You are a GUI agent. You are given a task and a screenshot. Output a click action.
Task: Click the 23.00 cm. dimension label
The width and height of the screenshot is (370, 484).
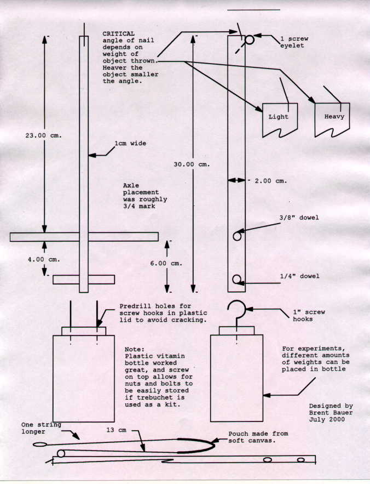click(43, 135)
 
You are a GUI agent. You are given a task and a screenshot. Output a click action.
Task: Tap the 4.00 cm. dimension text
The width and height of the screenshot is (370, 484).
click(44, 260)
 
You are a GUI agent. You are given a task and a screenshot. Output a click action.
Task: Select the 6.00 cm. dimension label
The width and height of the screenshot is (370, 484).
click(166, 263)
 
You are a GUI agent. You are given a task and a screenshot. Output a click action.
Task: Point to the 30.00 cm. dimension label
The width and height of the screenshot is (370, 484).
click(192, 164)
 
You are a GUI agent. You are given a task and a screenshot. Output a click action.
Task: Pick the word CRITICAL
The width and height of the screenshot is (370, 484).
click(118, 33)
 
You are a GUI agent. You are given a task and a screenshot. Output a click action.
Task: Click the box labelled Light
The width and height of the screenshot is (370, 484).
click(280, 120)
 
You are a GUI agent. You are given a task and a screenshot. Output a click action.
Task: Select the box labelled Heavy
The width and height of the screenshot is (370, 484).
click(332, 119)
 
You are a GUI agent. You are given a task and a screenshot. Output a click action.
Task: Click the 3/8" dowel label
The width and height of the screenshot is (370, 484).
click(299, 218)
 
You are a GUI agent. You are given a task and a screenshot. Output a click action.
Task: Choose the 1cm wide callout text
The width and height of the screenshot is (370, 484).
click(130, 143)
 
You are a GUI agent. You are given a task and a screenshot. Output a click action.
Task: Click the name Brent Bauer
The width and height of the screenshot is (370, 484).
click(331, 413)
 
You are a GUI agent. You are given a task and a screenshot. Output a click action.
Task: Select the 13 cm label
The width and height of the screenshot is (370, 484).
click(116, 430)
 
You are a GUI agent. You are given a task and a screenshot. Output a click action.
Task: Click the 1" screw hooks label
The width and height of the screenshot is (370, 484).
click(309, 316)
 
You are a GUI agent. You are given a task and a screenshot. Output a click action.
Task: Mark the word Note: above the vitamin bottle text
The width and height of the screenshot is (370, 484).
click(135, 349)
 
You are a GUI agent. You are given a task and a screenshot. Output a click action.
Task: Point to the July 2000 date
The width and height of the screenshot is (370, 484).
click(327, 419)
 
